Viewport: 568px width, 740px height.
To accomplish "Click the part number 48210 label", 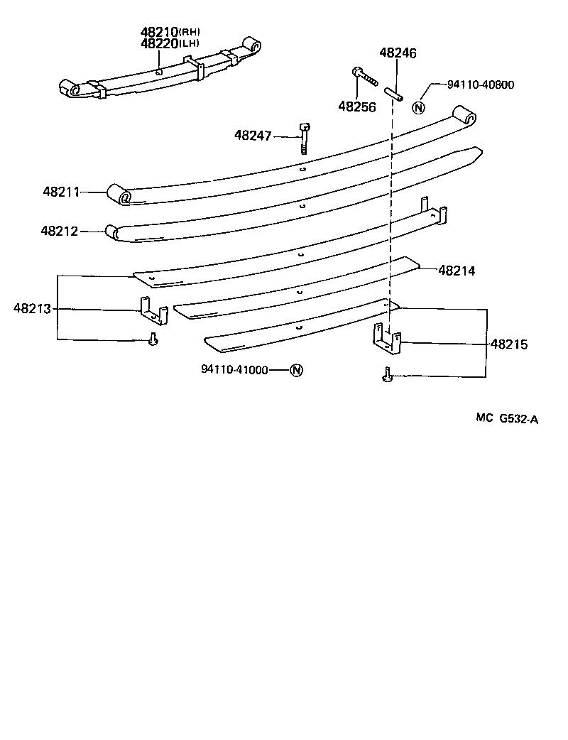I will point(158,32).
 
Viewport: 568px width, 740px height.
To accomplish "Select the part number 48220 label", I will point(158,43).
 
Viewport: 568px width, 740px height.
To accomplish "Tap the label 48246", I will point(398,53).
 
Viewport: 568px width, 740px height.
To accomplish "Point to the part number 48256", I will point(357,107).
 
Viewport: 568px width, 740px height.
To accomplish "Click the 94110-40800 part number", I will point(481,85).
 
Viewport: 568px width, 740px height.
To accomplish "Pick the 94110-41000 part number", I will point(234,370).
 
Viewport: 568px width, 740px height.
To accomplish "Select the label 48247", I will point(253,135).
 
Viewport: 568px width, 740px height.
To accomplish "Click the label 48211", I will point(61,192).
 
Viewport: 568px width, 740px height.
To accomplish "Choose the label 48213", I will point(32,308).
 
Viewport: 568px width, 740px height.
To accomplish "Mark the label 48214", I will point(457,270).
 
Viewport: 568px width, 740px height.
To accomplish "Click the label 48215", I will point(508,344).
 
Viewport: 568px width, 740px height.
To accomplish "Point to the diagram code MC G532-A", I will point(507,419).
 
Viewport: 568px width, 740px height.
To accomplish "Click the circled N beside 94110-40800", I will point(419,108).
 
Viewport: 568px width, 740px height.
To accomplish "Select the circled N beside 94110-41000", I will point(296,370).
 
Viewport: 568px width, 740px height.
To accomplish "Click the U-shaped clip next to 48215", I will point(388,339).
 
